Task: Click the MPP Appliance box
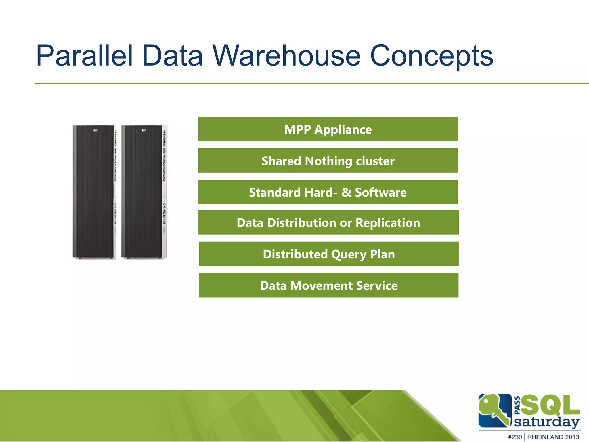click(328, 129)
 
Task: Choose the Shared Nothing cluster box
click(328, 161)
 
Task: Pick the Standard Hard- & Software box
click(328, 192)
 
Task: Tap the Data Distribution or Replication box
click(328, 222)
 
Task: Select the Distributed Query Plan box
click(329, 254)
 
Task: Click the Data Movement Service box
click(329, 285)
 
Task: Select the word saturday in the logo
click(546, 422)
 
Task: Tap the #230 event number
click(515, 437)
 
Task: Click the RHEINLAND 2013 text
click(553, 437)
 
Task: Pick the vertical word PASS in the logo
click(517, 405)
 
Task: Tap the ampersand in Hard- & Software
click(346, 192)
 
